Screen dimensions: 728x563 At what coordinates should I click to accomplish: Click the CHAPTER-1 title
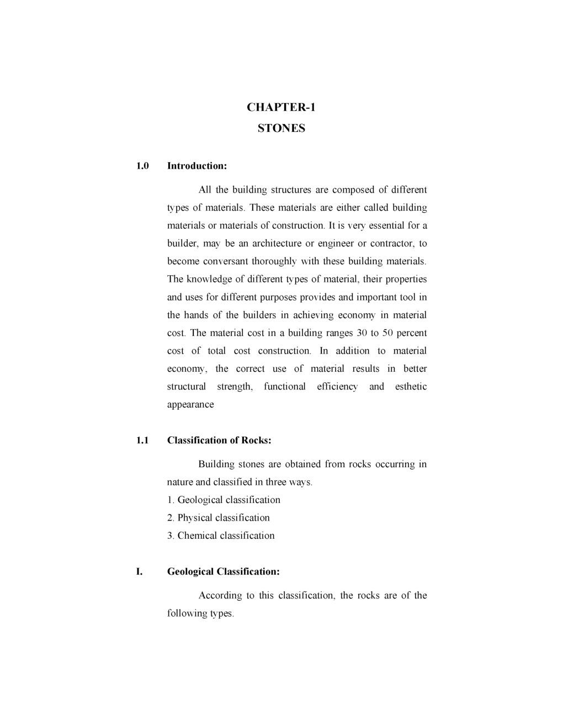[281, 107]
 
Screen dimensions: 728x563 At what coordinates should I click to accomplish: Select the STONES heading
[281, 129]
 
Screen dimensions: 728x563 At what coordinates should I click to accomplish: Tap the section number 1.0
[142, 166]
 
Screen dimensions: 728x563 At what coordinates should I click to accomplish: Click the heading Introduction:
[197, 166]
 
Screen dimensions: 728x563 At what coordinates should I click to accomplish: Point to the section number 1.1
[142, 440]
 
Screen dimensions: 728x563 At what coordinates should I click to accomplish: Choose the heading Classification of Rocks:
[219, 440]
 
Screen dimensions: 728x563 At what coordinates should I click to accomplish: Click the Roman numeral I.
[140, 571]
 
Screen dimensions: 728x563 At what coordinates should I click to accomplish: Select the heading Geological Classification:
[224, 571]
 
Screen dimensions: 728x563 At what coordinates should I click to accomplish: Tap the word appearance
[190, 405]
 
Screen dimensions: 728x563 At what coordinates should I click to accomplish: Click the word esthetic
[411, 387]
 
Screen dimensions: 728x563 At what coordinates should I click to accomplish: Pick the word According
[220, 596]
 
